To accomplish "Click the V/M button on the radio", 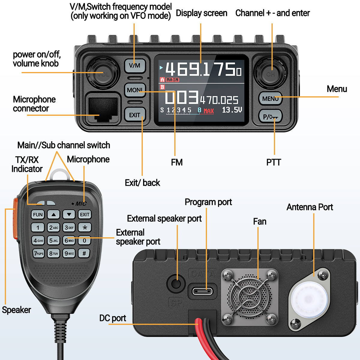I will point(135,65).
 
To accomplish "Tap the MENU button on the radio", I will point(270,98).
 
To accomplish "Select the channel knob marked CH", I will point(271,73).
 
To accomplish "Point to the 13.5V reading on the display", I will point(232,110).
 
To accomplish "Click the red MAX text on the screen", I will point(209,111).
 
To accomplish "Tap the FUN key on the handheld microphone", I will point(38,214).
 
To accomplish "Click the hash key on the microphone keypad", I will point(84,253).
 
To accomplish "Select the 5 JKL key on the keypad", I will point(54,241).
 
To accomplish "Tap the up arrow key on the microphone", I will point(53,214).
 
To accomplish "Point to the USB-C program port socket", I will point(202,291).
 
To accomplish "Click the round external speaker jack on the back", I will point(177,283).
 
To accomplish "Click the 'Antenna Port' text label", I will point(310,207).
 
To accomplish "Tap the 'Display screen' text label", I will point(201,13).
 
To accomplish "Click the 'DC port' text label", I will point(112,318).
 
